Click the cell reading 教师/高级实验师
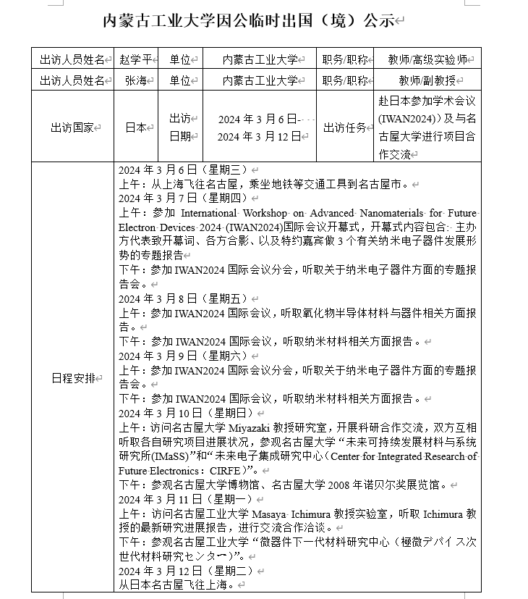tap(428, 59)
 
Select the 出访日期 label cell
tap(180, 127)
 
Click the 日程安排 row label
tap(73, 378)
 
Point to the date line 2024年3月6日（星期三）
tap(174, 170)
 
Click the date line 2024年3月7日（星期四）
tap(174, 198)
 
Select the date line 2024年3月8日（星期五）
tap(174, 298)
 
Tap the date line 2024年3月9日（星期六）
tap(174, 356)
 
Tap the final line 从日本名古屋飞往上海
tap(176, 585)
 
